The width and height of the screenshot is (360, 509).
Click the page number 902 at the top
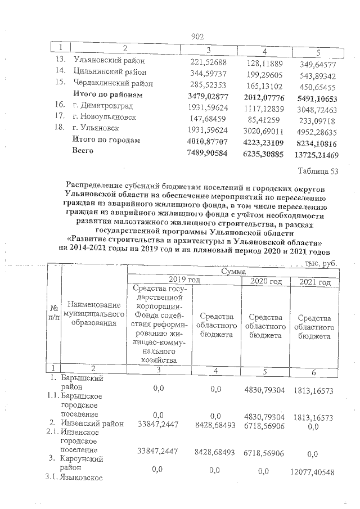pos(197,36)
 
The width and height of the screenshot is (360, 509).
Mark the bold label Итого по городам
pos(106,139)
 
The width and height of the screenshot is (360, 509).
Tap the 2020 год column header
pos(265,281)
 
